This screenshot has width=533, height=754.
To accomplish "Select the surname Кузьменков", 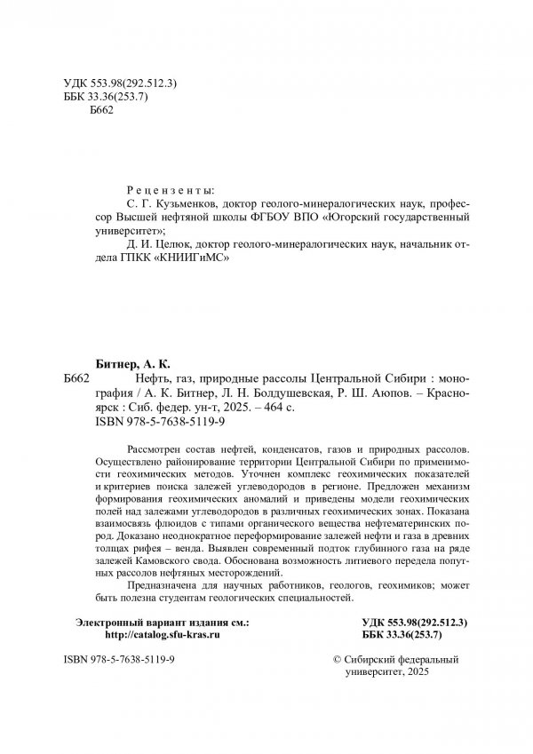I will tap(170, 202).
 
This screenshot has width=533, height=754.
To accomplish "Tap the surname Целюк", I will tap(171, 244).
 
